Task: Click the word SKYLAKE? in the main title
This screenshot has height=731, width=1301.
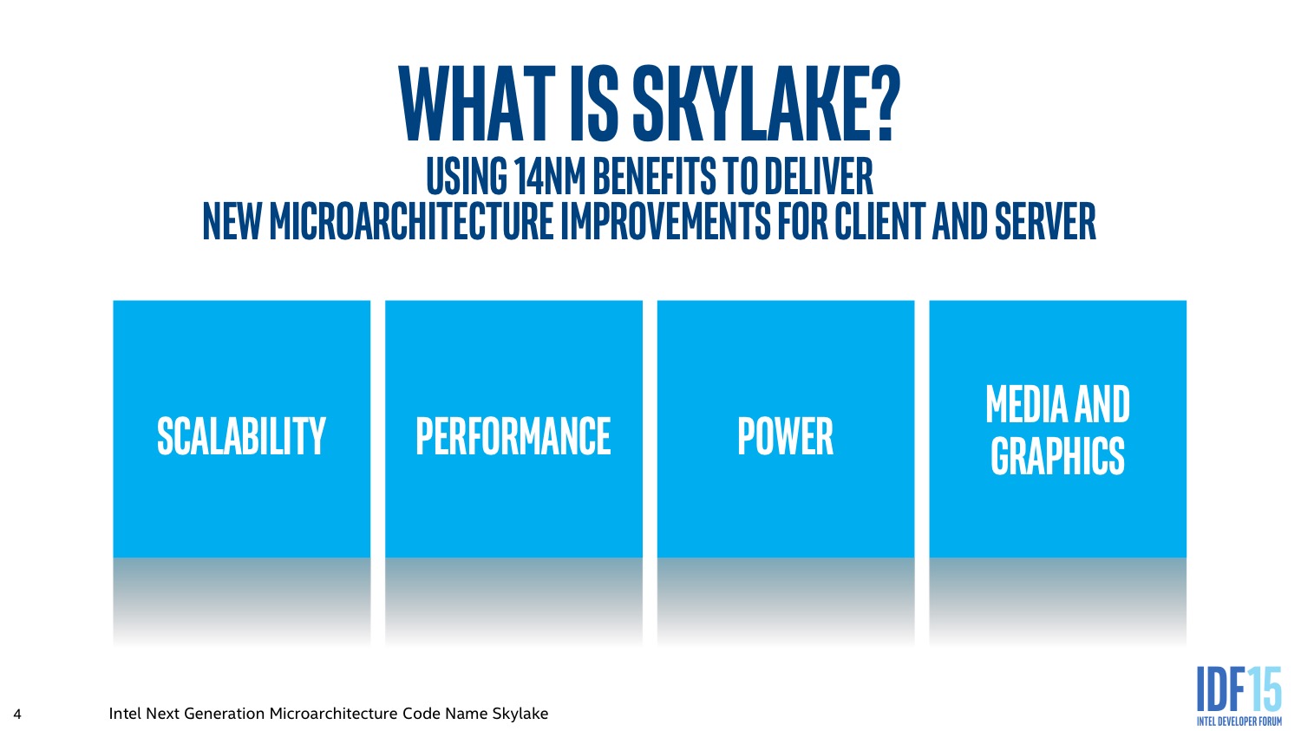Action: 766,103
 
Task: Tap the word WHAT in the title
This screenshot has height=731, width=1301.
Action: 477,103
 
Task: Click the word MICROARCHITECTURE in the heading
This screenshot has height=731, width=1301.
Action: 411,221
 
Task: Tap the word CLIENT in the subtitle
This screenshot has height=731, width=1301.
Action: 880,221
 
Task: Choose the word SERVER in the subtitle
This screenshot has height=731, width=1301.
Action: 1045,221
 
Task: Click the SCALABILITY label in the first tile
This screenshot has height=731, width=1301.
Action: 241,436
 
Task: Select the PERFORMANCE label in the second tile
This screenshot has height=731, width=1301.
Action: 513,436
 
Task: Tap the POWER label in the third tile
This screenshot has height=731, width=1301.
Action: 785,436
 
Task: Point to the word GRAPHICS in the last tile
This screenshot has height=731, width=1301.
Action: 1057,456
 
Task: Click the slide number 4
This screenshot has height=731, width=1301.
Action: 17,714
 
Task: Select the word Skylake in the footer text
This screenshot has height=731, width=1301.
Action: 520,714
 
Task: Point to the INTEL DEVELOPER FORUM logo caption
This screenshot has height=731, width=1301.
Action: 1239,721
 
